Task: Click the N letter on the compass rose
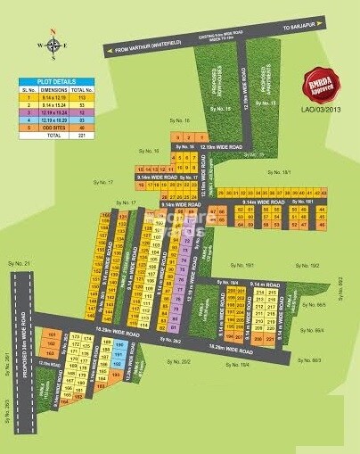53,33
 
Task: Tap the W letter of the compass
38,44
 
